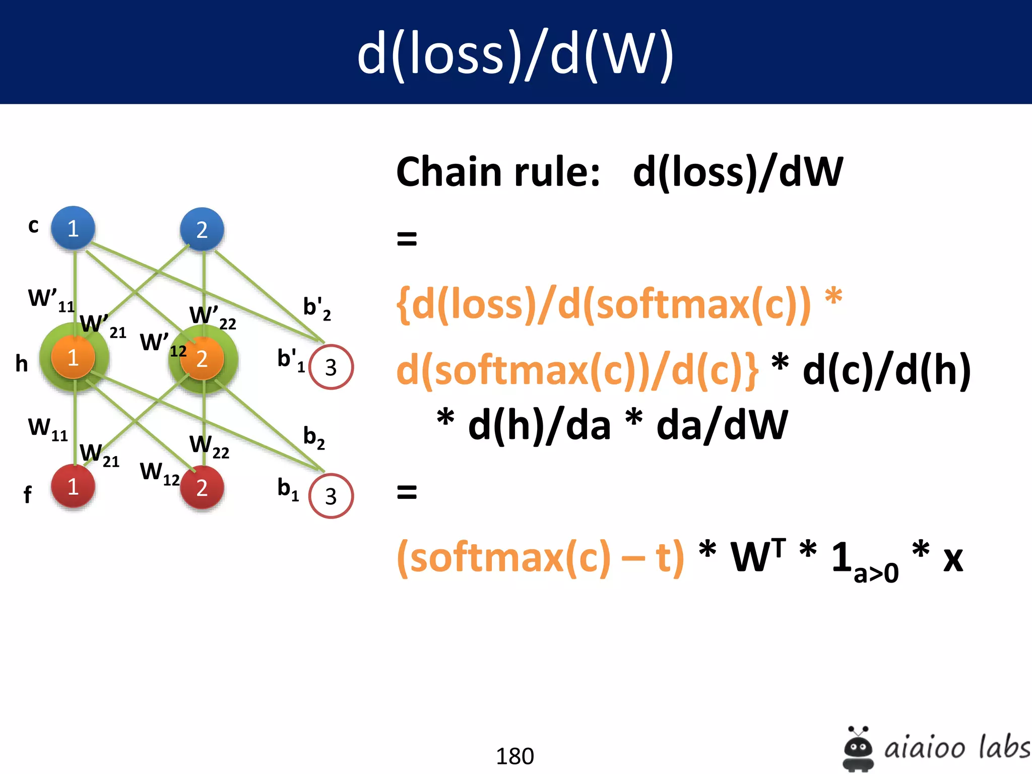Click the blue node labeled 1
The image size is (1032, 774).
coord(73,228)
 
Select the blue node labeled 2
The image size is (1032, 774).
coord(202,229)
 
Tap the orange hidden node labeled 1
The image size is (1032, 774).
coord(73,357)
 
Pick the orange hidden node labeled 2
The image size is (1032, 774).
coord(202,358)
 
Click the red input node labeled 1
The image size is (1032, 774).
coord(73,486)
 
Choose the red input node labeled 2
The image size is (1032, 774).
coord(202,487)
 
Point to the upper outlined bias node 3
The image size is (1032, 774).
coord(331,367)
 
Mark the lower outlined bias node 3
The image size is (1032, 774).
coord(331,496)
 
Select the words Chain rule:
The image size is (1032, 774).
coord(498,172)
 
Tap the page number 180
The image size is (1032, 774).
coord(514,756)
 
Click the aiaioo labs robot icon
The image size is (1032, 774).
coord(858,748)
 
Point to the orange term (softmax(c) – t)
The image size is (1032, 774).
coord(540,557)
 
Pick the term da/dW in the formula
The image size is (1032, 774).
coord(722,425)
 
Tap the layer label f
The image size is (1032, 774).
coord(27,494)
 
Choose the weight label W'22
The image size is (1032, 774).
coord(212,316)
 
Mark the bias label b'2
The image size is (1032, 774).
coord(316,308)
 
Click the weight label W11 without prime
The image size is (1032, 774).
coord(48,429)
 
